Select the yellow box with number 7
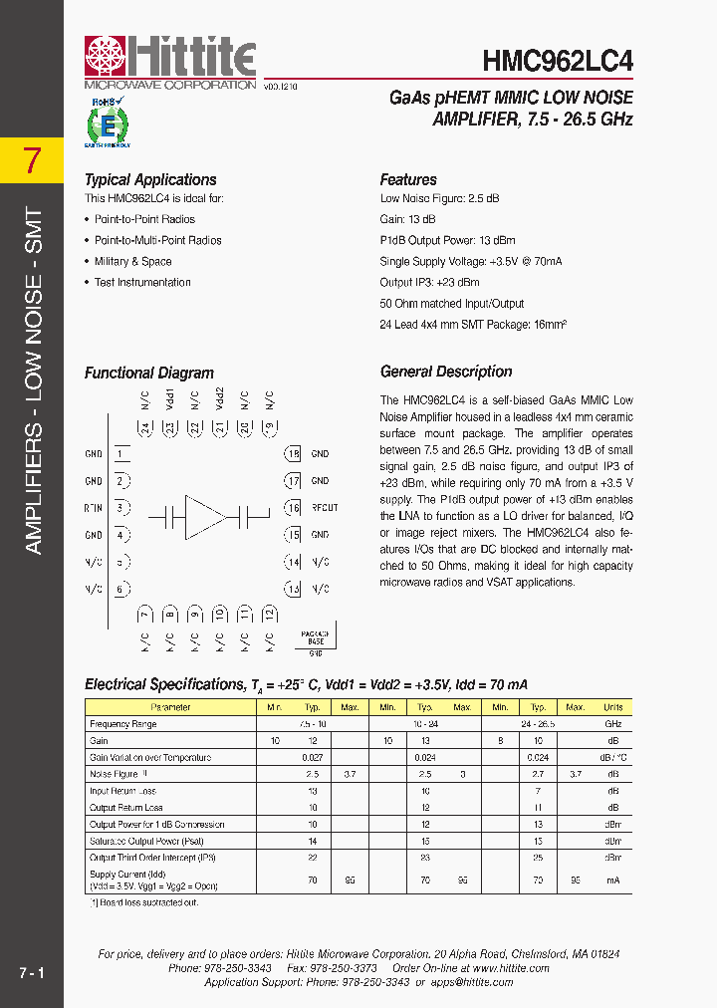[x=33, y=160]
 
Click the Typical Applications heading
[x=150, y=180]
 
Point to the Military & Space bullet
[x=132, y=262]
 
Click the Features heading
[x=408, y=180]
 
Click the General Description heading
[x=446, y=372]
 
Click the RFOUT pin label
[x=325, y=508]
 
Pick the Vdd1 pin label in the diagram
[x=171, y=398]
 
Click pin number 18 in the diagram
[x=293, y=454]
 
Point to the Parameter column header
[x=170, y=707]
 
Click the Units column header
[x=613, y=707]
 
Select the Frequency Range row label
[x=123, y=724]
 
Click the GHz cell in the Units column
[x=613, y=724]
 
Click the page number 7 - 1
[x=31, y=971]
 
